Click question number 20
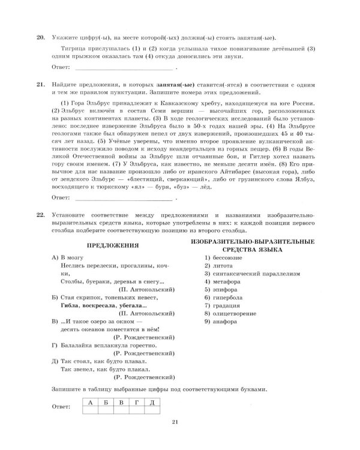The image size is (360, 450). tap(41, 37)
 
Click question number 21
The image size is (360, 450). tap(41, 86)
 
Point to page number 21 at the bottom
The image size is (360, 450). tap(175, 427)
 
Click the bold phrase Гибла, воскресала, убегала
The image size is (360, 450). tap(98, 305)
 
